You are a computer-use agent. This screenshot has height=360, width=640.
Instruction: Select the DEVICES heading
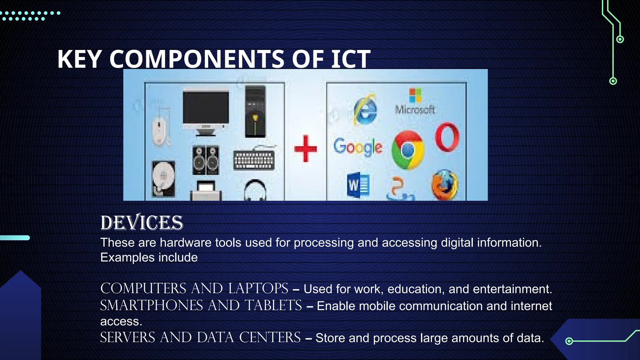tap(142, 223)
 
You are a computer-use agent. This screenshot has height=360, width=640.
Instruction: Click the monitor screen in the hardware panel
tap(206, 108)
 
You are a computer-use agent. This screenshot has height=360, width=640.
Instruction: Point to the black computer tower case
tap(255, 112)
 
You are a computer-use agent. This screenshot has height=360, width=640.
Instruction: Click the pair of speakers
tap(206, 160)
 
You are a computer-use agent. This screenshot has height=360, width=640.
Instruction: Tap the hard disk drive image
tap(163, 179)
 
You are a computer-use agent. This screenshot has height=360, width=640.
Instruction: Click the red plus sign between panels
tap(305, 149)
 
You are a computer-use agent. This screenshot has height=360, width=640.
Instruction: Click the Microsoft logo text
tap(415, 109)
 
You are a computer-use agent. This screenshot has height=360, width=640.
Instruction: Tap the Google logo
tap(357, 147)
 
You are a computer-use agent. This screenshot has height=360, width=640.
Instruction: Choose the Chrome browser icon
tap(408, 150)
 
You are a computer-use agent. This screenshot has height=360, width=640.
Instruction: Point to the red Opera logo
tap(447, 137)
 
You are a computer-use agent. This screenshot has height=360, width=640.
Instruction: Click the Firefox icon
tap(445, 185)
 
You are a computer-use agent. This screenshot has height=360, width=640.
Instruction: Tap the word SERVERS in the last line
tap(127, 338)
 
